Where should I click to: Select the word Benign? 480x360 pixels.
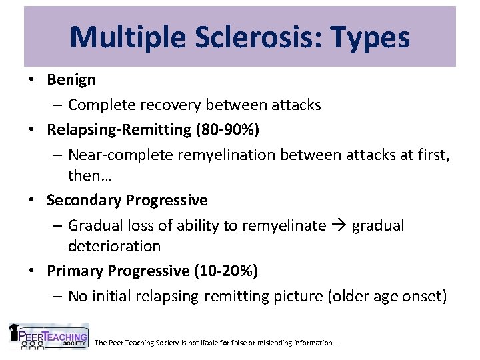pyautogui.click(x=71, y=80)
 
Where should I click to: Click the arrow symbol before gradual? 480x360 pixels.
pyautogui.click(x=339, y=226)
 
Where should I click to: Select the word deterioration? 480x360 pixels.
pyautogui.click(x=114, y=246)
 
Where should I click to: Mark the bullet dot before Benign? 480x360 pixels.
pyautogui.click(x=32, y=80)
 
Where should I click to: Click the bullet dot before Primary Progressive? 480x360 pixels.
pyautogui.click(x=32, y=271)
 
